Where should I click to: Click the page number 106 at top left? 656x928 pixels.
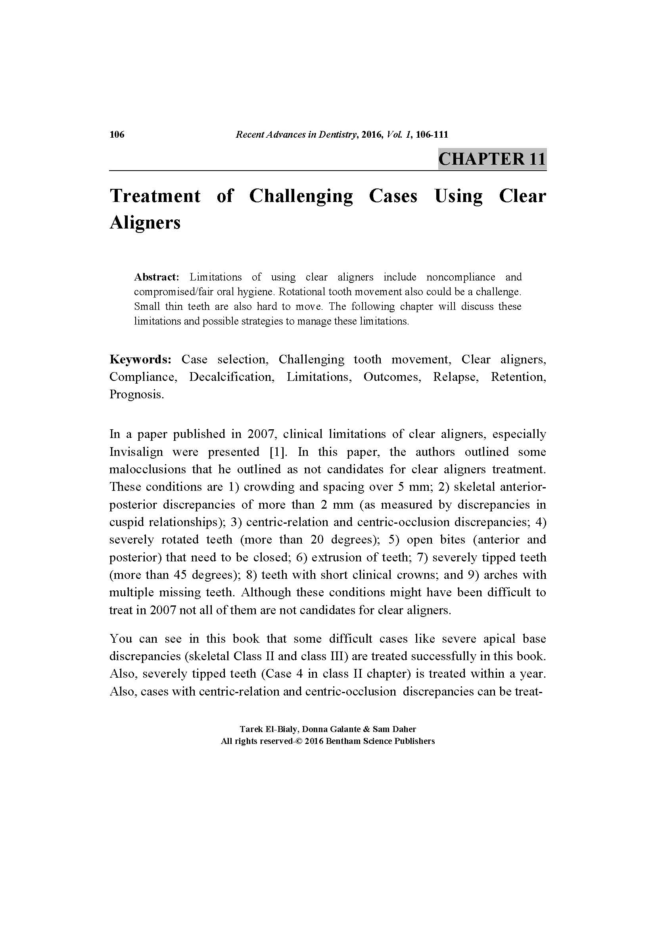point(117,134)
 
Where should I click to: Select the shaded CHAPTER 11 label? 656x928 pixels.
point(491,158)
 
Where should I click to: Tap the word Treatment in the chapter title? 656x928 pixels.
point(155,196)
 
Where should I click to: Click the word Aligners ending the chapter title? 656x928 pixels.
point(145,222)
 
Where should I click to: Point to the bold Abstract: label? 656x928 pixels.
point(156,277)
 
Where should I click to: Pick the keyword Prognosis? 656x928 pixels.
point(136,394)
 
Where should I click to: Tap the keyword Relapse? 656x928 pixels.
point(456,377)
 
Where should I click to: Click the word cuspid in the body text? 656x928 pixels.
point(127,522)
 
